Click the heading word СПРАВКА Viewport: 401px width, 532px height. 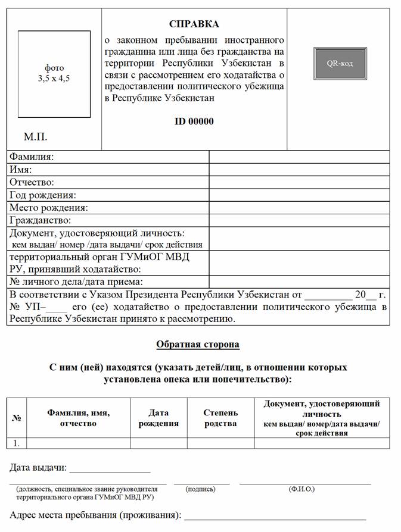(194, 24)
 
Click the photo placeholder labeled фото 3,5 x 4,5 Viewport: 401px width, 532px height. (54, 73)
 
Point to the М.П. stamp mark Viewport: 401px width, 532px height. (36, 137)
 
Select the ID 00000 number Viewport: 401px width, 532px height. (194, 121)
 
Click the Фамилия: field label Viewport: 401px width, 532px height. (32, 157)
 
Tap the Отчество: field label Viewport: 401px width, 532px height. (32, 182)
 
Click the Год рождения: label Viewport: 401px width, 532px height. (42, 195)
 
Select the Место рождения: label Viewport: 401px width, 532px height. (49, 208)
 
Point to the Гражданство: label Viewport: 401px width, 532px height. (40, 220)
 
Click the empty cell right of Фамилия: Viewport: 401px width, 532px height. (299, 157)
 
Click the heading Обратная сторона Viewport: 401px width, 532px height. (198, 345)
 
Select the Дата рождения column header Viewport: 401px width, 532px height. (158, 418)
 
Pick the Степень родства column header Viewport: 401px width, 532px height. (220, 418)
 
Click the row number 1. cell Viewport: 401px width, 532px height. (17, 443)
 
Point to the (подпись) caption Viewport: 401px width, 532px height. (201, 489)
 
